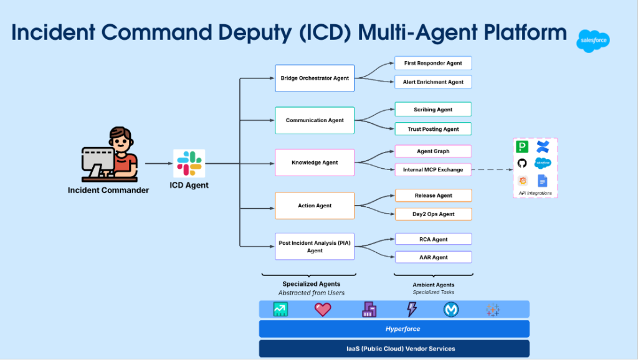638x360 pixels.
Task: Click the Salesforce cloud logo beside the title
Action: click(x=593, y=40)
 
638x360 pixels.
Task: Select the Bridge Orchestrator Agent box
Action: click(x=315, y=78)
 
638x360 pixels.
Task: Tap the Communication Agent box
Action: click(x=315, y=120)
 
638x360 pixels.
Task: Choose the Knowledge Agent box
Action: click(x=315, y=163)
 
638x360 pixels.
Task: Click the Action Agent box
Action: click(x=315, y=206)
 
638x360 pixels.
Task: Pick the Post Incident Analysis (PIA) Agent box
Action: click(x=315, y=246)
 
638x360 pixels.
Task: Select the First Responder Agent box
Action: click(x=433, y=63)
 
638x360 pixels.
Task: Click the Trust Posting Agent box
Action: click(x=433, y=129)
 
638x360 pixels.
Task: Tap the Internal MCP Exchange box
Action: click(x=433, y=169)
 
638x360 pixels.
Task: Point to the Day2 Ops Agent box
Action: click(x=433, y=214)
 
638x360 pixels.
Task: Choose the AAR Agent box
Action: click(x=433, y=257)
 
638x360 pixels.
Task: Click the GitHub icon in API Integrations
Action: click(x=522, y=163)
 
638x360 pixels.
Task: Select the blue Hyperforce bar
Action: click(x=394, y=329)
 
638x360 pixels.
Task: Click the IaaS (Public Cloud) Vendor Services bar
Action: click(x=394, y=348)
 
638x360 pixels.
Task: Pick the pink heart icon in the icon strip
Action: click(x=322, y=309)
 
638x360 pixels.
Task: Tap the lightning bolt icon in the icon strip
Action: click(x=411, y=309)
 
